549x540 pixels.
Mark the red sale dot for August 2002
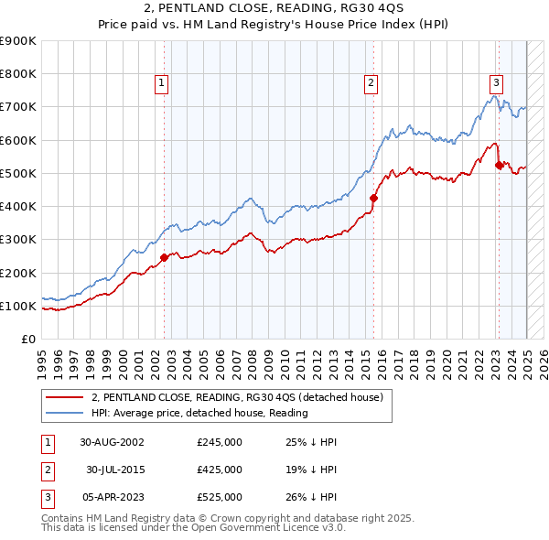165,257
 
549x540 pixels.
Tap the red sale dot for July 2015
374,198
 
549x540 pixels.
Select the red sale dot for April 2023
500,165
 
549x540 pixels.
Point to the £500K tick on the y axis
18,173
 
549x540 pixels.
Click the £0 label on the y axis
28,339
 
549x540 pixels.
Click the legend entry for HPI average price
199,413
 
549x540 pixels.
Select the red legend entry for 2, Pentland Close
242,397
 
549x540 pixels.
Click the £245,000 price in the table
220,442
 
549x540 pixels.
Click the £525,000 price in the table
220,497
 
